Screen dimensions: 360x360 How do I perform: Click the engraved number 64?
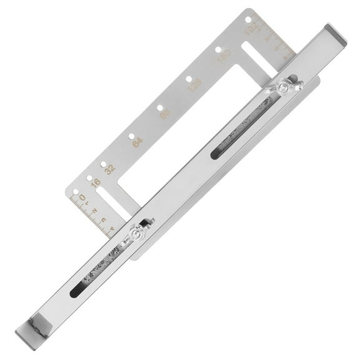(x=137, y=142)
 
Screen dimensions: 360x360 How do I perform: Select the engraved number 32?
(x=110, y=169)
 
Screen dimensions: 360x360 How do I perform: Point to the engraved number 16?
(x=96, y=183)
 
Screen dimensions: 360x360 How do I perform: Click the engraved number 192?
(x=251, y=29)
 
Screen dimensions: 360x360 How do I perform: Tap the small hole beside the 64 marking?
(x=131, y=136)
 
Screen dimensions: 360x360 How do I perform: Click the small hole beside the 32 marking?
(x=103, y=164)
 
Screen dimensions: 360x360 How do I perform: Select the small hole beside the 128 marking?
(x=188, y=79)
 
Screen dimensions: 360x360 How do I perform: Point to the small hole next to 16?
(x=89, y=178)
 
